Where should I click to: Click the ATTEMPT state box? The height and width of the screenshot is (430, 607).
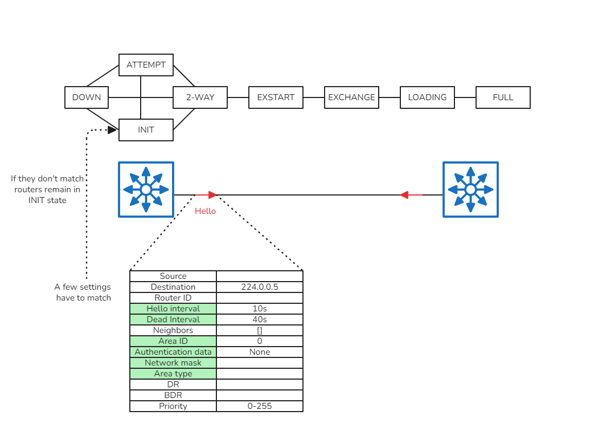point(146,65)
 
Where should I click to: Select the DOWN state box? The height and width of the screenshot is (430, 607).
point(87,97)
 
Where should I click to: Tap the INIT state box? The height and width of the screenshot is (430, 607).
point(146,130)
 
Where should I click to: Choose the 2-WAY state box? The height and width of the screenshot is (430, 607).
point(200,97)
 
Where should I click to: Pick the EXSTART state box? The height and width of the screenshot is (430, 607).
point(276,97)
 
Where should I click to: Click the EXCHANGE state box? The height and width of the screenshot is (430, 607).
point(352,97)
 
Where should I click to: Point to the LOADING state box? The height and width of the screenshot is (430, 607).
point(427,97)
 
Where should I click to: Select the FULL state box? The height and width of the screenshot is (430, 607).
point(503,97)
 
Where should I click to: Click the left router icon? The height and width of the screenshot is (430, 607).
point(146,190)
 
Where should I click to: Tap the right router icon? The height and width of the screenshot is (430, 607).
point(471,190)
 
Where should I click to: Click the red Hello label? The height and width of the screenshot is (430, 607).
point(205,211)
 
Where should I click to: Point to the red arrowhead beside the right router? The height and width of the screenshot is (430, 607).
point(404,195)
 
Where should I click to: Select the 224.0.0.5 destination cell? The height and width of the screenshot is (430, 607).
point(260,287)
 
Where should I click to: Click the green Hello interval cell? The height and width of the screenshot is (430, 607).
point(173,309)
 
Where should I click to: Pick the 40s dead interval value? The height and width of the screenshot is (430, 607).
point(260,320)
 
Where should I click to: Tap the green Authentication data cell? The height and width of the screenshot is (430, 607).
point(173,352)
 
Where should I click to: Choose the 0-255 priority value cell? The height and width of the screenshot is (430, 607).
point(260,406)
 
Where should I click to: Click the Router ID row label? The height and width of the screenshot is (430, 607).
point(173,298)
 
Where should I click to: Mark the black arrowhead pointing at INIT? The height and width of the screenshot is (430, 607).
point(113,130)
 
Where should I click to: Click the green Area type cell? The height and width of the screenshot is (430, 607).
point(173,374)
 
